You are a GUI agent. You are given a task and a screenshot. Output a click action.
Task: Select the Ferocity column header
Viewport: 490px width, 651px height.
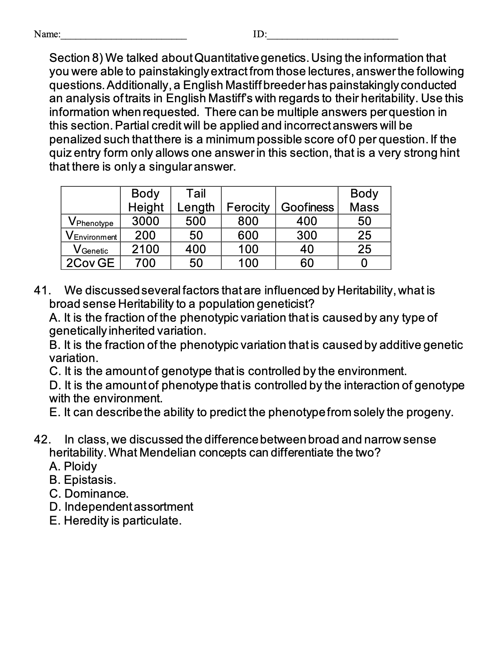[x=248, y=207]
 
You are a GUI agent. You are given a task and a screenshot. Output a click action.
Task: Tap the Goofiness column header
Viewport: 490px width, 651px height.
[x=307, y=207]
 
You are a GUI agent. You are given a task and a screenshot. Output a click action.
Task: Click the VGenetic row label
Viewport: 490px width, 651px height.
[x=91, y=249]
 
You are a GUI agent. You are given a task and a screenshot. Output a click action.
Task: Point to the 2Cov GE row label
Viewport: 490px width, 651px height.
[x=91, y=263]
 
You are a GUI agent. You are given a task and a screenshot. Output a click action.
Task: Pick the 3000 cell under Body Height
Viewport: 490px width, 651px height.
[x=145, y=221]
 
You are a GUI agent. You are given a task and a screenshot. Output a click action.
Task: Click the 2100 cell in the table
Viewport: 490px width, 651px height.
[x=145, y=249]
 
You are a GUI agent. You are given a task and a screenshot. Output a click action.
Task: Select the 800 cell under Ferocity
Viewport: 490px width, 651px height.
[x=248, y=221]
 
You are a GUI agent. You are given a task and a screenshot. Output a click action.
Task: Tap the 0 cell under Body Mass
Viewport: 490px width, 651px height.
[x=364, y=263]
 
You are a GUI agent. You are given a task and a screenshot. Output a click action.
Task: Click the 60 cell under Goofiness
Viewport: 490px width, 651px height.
[x=307, y=263]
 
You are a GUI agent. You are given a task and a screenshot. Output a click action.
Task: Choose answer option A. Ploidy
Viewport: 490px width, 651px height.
[x=73, y=467]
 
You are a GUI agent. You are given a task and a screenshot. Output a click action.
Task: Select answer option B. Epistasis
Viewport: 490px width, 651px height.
[x=82, y=480]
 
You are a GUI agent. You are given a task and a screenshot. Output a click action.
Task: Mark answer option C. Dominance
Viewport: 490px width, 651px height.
[x=89, y=493]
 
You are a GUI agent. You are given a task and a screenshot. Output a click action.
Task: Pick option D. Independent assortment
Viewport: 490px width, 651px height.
[x=121, y=507]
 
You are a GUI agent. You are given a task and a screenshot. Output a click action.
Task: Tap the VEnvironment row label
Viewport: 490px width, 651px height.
[x=91, y=236]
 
